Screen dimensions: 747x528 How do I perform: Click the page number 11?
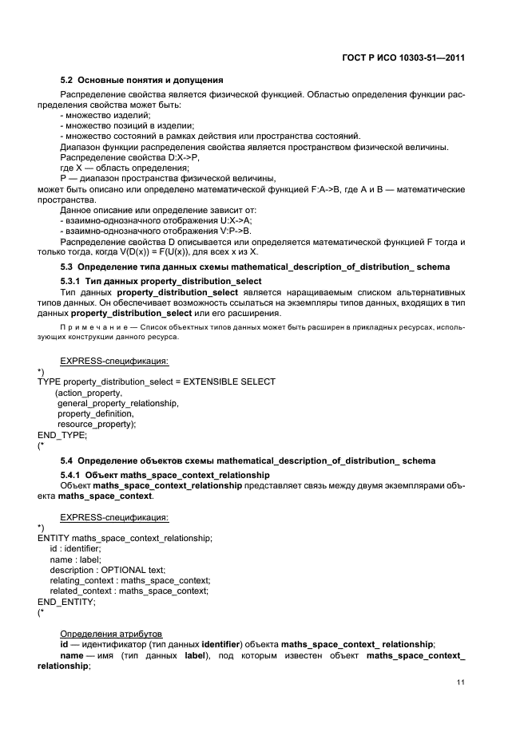461,682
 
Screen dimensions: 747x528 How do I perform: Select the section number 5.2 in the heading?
67,80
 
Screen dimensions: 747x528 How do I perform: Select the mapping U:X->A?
229,219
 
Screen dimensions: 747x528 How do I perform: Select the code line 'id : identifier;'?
75,549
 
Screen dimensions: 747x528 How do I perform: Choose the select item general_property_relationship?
118,403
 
